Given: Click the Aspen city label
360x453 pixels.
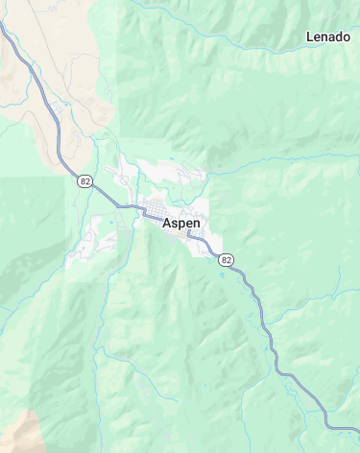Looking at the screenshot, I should pos(181,223).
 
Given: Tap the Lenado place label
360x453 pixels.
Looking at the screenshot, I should pos(327,36).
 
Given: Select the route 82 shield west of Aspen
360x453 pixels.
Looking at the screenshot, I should pos(85,180).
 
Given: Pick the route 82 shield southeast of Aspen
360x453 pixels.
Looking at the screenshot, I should pos(226,259).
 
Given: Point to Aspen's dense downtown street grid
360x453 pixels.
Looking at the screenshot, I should pos(154,210).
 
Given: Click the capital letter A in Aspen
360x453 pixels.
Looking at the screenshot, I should pos(167,223).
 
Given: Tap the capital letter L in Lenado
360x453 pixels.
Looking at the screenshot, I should pos(309,36).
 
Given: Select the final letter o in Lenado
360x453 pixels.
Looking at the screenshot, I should pos(346,36).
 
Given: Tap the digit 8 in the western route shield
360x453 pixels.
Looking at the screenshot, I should pos(83,180).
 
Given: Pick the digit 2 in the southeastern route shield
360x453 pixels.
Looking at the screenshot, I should pos(228,259).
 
